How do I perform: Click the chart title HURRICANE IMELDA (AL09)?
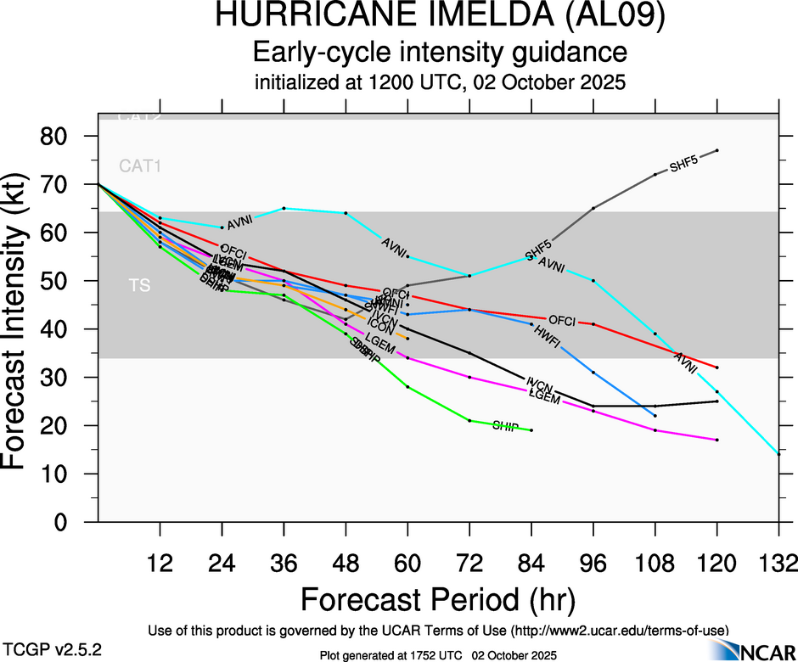(439, 17)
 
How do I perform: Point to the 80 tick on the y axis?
(75, 137)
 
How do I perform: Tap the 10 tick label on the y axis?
(75, 474)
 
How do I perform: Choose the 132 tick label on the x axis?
(778, 563)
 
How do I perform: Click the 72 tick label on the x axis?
(469, 563)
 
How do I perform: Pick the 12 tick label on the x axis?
(160, 563)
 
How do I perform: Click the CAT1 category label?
(140, 166)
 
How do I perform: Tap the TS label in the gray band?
(140, 286)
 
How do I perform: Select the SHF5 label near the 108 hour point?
(683, 165)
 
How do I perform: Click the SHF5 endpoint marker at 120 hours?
(717, 150)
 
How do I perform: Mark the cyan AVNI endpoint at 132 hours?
(778, 454)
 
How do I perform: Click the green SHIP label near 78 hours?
(505, 425)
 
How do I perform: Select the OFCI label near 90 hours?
(562, 320)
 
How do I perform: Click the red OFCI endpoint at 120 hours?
(717, 367)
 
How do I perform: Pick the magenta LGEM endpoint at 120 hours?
(717, 440)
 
